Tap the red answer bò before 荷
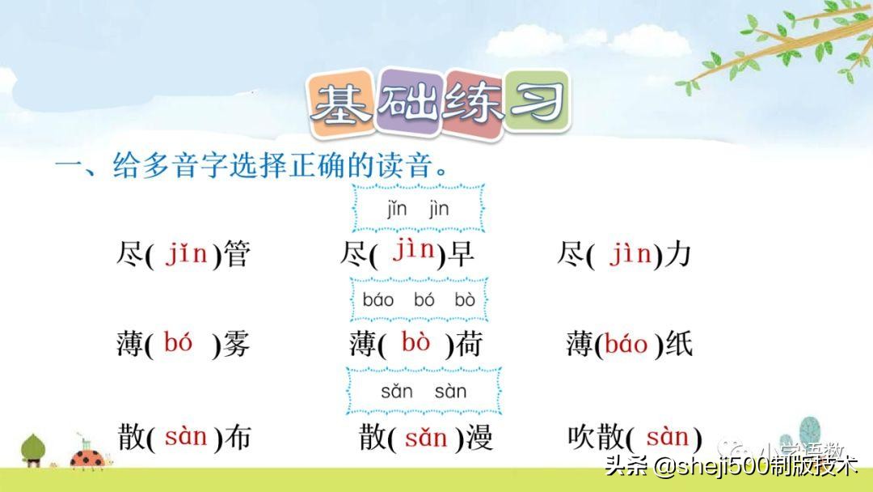click(416, 342)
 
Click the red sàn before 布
click(186, 437)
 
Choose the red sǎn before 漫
click(426, 438)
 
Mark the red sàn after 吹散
click(667, 437)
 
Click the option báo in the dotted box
click(378, 300)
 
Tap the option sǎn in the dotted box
click(396, 392)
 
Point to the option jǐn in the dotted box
click(396, 209)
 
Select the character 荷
click(468, 345)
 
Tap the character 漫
click(479, 439)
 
